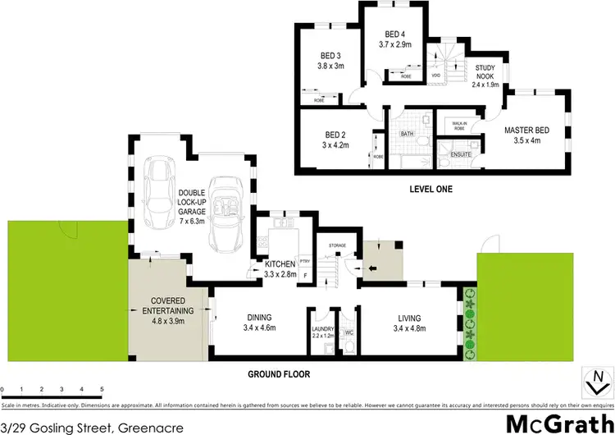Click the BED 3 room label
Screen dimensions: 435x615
tap(330, 56)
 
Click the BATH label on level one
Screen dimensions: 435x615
tap(407, 134)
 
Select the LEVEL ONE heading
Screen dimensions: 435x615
tap(431, 189)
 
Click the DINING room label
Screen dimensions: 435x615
tap(257, 318)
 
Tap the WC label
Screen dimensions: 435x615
tap(348, 332)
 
